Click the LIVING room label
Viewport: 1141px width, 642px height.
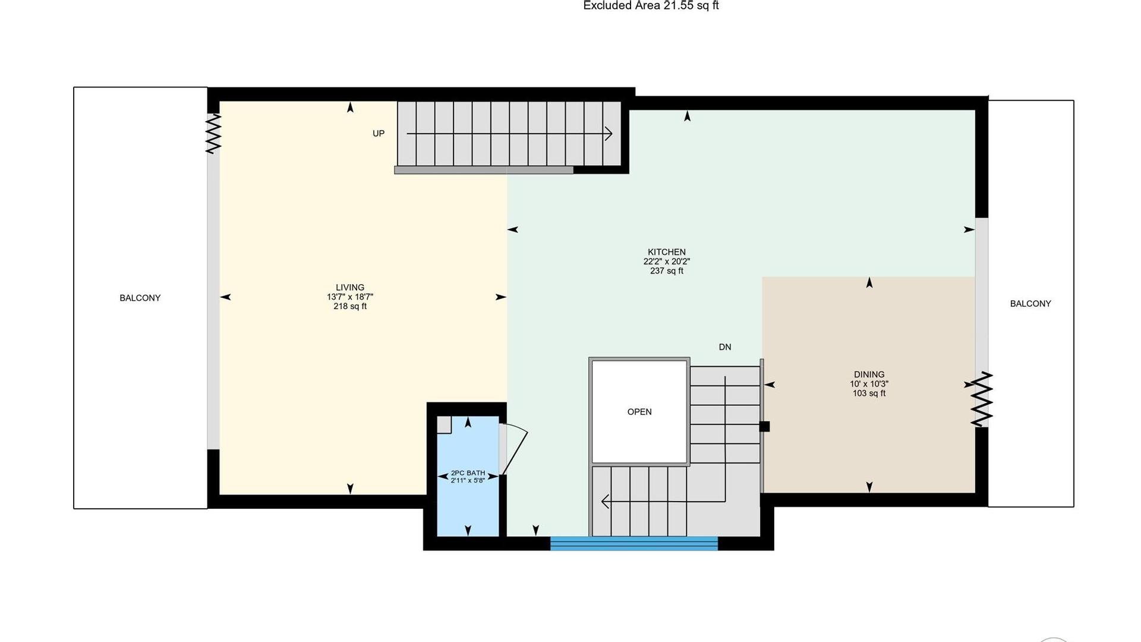[x=350, y=288]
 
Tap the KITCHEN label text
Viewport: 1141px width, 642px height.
[x=667, y=252]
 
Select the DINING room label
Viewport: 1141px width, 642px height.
[x=869, y=374]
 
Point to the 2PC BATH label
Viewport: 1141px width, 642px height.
[x=468, y=473]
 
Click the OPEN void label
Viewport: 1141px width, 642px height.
[x=639, y=412]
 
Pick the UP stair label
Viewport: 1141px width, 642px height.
[x=379, y=134]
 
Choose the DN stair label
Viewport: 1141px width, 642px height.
[x=725, y=347]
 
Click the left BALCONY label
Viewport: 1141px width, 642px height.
[x=140, y=298]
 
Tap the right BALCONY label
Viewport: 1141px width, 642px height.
[x=1030, y=304]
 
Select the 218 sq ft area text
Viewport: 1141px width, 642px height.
[x=350, y=307]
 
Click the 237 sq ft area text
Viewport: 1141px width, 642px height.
[x=667, y=271]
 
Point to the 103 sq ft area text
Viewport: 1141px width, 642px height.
[x=869, y=394]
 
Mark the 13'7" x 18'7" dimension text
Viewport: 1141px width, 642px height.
[x=350, y=297]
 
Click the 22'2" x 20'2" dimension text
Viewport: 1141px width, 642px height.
[x=667, y=262]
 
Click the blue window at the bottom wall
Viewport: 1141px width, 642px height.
[x=634, y=543]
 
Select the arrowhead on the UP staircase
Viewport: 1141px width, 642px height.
[x=609, y=134]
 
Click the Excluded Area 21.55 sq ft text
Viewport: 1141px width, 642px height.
[x=651, y=6]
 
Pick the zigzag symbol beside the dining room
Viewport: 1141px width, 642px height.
[x=982, y=399]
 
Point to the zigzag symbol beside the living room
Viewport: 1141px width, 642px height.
[x=213, y=134]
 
